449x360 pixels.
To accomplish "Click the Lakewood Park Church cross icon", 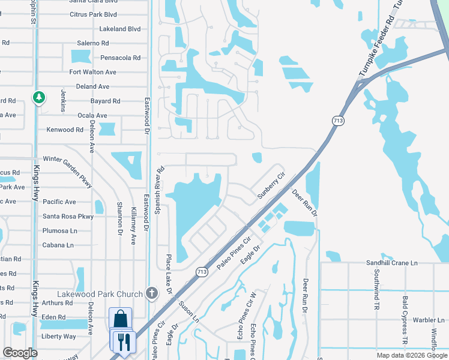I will (x=152, y=293).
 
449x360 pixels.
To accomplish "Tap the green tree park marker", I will (x=39, y=97).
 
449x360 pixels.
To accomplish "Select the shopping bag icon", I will (x=120, y=319).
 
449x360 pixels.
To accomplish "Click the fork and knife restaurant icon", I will (x=123, y=342).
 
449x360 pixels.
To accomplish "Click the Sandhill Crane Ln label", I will (x=392, y=263).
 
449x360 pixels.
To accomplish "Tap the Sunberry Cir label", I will (x=270, y=187).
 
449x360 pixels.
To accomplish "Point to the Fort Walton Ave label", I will (x=92, y=71).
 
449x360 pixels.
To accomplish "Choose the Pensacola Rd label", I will (x=120, y=58).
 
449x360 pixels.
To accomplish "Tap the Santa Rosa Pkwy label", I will (x=68, y=216).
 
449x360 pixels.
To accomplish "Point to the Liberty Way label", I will (x=58, y=336).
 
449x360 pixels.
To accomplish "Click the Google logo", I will (x=20, y=353).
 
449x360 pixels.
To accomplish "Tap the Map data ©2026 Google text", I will (x=412, y=355).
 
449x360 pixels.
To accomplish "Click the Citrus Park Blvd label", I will (x=93, y=13).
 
